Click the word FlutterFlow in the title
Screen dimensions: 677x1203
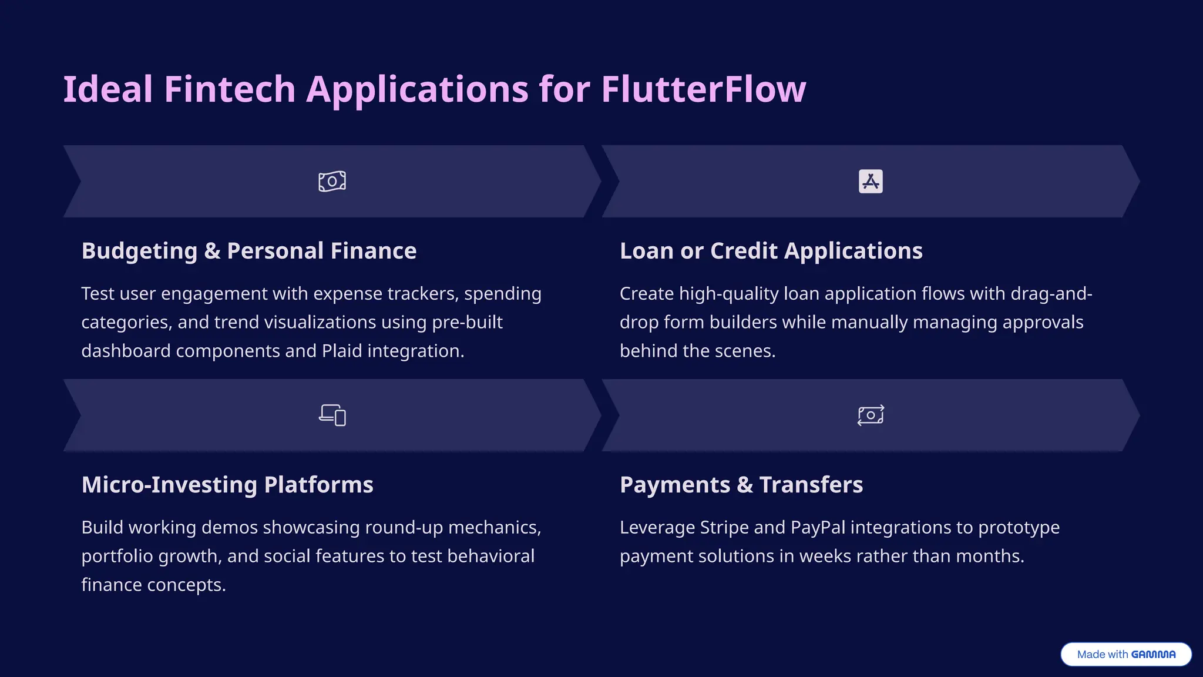click(x=703, y=89)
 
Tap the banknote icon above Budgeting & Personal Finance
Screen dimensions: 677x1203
click(x=332, y=181)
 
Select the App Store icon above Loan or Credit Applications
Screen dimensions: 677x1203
click(x=871, y=181)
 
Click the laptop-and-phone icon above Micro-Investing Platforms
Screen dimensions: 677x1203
click(x=332, y=415)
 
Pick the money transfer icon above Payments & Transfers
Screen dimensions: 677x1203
click(x=871, y=415)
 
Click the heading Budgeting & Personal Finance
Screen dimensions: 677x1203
click(x=249, y=251)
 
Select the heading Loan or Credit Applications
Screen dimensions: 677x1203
click(x=771, y=251)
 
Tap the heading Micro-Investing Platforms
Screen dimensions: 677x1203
click(x=227, y=485)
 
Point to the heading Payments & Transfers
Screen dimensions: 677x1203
click(x=741, y=485)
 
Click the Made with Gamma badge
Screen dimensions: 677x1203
click(x=1126, y=654)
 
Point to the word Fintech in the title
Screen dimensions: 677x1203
click(x=230, y=89)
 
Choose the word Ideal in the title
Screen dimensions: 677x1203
click(x=108, y=89)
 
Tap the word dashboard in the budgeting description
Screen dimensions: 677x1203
click(x=126, y=351)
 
